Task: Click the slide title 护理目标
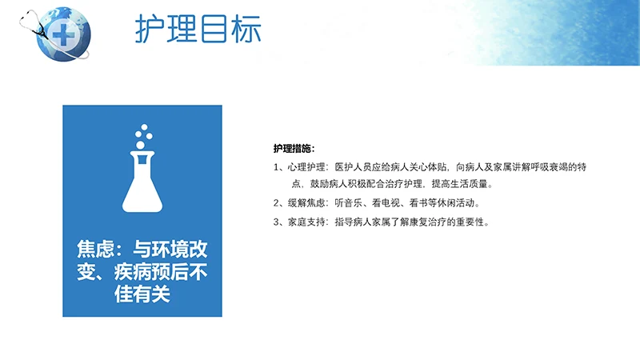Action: coord(198,29)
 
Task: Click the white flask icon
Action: coord(142,182)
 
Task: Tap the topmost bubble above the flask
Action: coord(144,127)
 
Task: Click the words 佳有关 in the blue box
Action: coord(142,294)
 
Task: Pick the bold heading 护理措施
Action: coord(292,149)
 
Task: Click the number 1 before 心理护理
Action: coord(276,167)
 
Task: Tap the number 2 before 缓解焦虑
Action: coord(276,203)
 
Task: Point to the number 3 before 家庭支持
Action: coord(276,222)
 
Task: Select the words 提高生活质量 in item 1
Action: coord(459,184)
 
